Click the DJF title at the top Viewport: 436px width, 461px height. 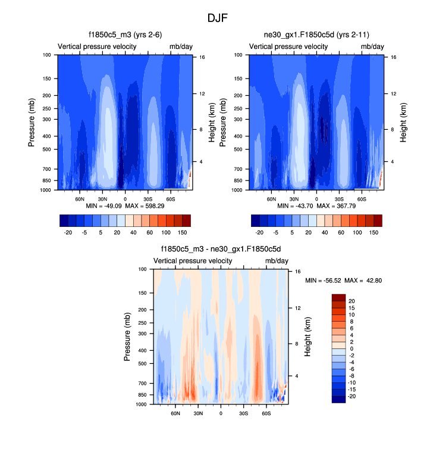[218, 18]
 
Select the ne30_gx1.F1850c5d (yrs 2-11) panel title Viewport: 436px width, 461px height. [316, 35]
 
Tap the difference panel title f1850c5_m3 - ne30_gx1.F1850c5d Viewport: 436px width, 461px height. [221, 250]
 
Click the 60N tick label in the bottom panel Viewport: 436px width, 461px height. [176, 413]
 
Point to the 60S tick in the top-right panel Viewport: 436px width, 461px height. [361, 198]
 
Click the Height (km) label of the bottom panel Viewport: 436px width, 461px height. [308, 337]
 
